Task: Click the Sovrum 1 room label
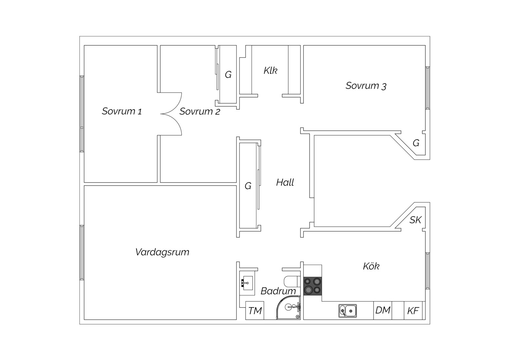tap(122, 111)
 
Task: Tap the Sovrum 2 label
tap(200, 111)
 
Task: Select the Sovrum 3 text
tap(366, 86)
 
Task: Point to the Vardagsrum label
tap(162, 252)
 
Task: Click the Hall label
tap(285, 182)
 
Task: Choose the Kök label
tap(371, 266)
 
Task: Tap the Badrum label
tap(278, 291)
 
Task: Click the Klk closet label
tap(270, 70)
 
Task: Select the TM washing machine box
tap(255, 310)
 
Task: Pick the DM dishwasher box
tap(383, 310)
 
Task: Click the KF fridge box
tap(413, 310)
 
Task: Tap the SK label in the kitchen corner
tap(415, 220)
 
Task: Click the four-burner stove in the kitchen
tap(313, 286)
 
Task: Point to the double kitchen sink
tap(347, 311)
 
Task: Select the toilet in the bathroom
tap(292, 281)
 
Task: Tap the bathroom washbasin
tap(247, 283)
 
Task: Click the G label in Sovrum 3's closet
tap(416, 143)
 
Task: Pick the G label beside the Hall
tap(248, 186)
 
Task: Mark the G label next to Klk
tap(228, 75)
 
